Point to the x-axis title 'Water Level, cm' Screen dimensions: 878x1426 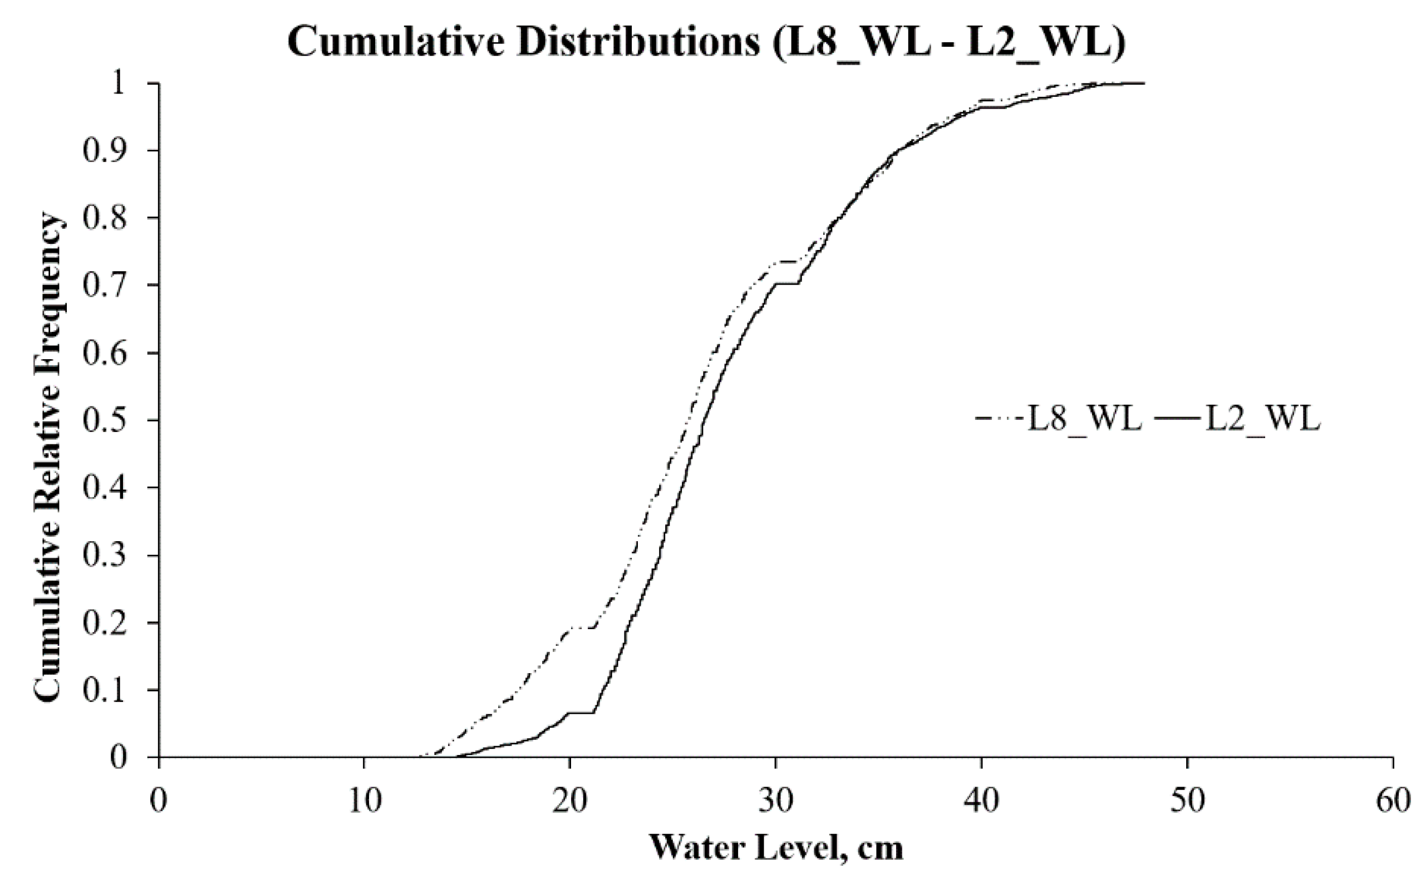(x=775, y=848)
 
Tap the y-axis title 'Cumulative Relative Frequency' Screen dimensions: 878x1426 (x=48, y=458)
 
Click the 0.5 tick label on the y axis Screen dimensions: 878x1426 (x=105, y=420)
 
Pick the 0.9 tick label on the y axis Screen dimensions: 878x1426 (x=105, y=151)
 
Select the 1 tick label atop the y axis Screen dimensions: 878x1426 (x=119, y=84)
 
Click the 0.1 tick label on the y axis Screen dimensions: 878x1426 (x=105, y=690)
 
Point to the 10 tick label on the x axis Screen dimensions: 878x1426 (x=364, y=801)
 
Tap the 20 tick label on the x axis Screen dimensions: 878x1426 (x=570, y=801)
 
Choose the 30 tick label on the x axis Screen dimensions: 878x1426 (x=775, y=801)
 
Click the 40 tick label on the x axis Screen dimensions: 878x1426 (x=981, y=801)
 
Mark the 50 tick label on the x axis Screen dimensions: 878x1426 (x=1187, y=801)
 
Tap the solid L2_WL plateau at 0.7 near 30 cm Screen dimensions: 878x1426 (x=786, y=283)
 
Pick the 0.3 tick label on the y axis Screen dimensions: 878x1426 (x=105, y=555)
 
